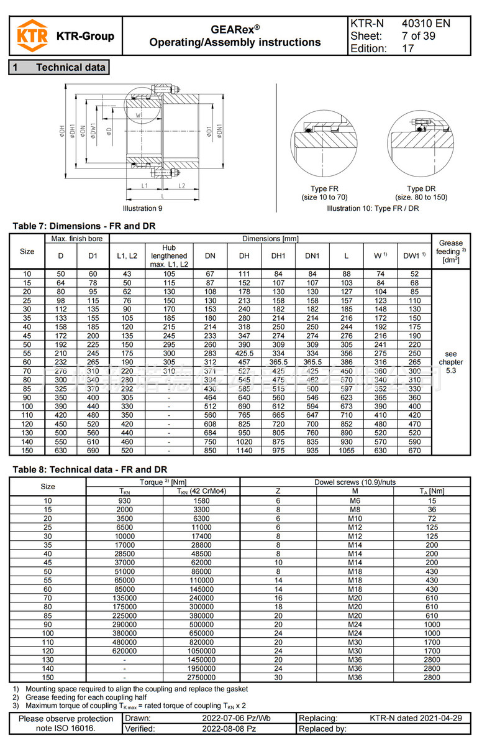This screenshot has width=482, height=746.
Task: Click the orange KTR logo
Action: tap(32, 35)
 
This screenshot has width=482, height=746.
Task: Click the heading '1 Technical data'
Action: tap(59, 67)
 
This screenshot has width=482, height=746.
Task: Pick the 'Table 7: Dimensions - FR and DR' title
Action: tap(84, 226)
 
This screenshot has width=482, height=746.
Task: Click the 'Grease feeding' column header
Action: tap(450, 251)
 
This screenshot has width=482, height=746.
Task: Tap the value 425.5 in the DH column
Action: tap(244, 354)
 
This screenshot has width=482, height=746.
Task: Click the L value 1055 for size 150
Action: tap(346, 451)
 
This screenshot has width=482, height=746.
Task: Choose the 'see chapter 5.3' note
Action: tap(450, 362)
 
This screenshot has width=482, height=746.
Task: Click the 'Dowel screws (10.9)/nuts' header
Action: tap(355, 482)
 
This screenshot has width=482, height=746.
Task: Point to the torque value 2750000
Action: tap(201, 677)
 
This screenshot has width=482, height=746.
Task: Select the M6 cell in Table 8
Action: tap(355, 500)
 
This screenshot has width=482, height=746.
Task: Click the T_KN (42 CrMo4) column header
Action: tap(201, 491)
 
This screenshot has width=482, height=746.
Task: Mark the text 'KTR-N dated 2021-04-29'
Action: tap(416, 718)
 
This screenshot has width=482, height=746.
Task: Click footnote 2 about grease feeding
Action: tap(90, 697)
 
